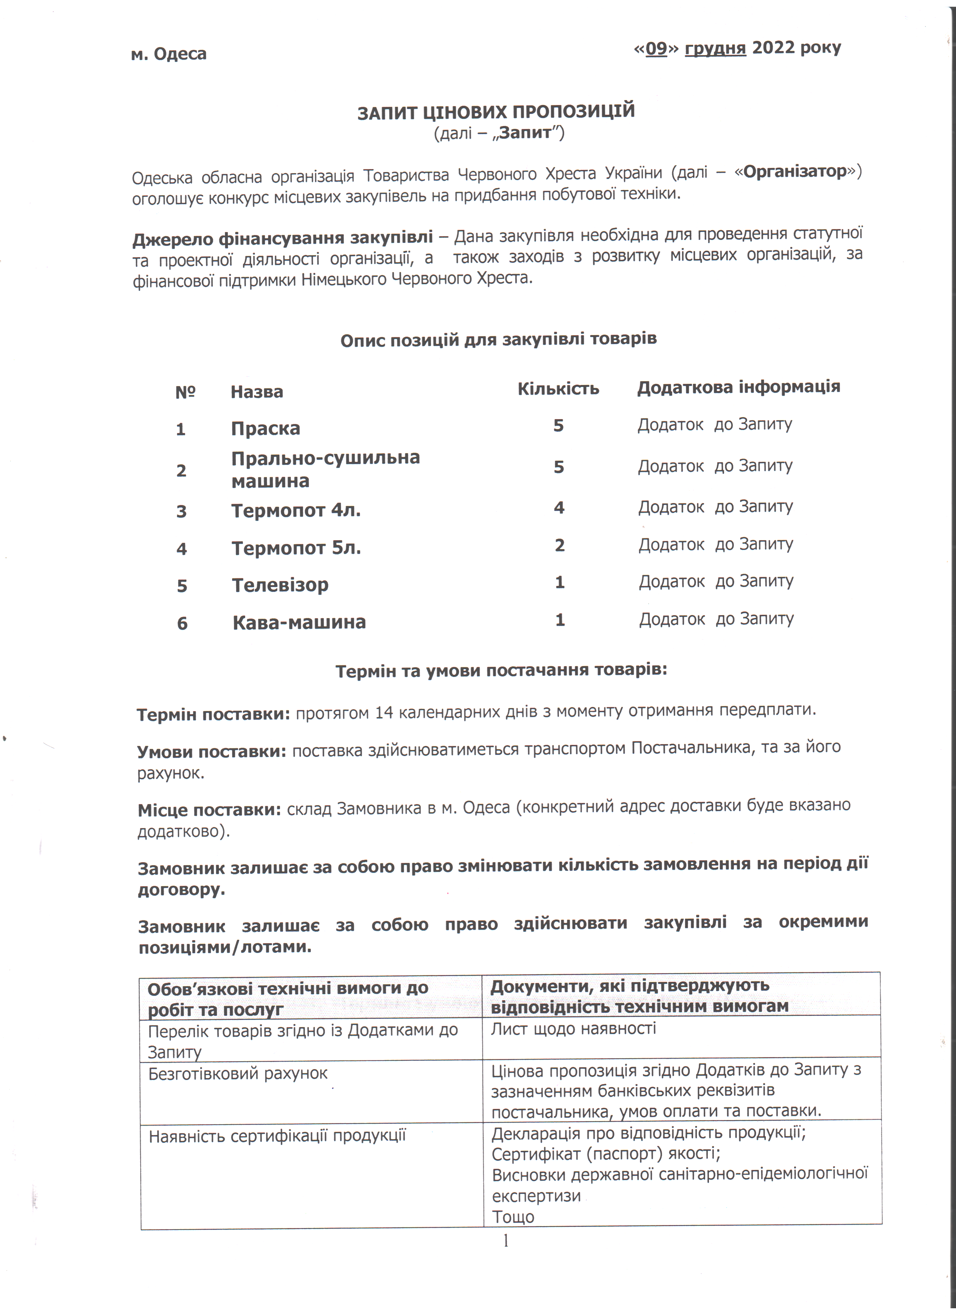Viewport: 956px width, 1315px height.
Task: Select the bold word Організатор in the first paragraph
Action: (795, 172)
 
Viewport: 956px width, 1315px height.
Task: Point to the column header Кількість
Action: (558, 388)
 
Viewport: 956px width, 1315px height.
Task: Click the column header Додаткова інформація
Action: (738, 387)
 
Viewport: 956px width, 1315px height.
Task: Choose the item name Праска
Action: (265, 428)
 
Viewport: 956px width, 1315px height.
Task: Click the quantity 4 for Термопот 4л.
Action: (559, 508)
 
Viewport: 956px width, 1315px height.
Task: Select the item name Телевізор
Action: (280, 585)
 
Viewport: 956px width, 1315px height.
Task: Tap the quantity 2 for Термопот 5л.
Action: (559, 545)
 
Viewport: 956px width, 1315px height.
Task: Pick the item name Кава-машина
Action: (299, 623)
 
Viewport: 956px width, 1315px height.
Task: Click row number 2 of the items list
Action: (181, 470)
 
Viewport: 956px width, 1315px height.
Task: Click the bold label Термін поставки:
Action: (213, 714)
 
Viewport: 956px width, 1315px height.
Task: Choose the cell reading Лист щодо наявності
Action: (573, 1029)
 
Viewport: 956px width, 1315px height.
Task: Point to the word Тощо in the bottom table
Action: (513, 1216)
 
